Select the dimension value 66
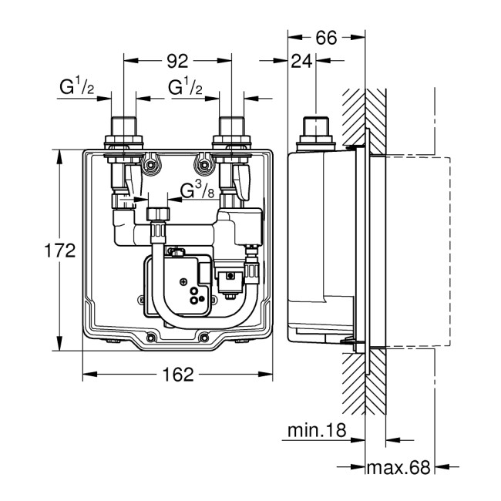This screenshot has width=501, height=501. coord(326,38)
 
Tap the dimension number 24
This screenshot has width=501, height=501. coord(301,63)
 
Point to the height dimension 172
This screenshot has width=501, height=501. coord(59,250)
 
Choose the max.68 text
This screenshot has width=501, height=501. coord(398,467)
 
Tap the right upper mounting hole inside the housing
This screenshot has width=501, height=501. coord(205,163)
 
